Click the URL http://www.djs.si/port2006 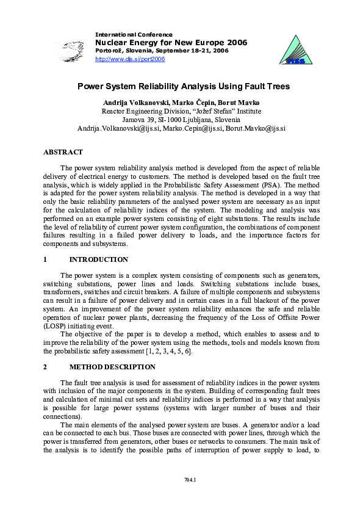pyautogui.click(x=131, y=59)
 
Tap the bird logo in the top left pyautogui.click(x=73, y=47)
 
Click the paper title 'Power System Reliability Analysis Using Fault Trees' pyautogui.click(x=182, y=87)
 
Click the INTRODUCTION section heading pyautogui.click(x=99, y=259)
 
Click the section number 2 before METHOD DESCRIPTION pyautogui.click(x=46, y=367)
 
